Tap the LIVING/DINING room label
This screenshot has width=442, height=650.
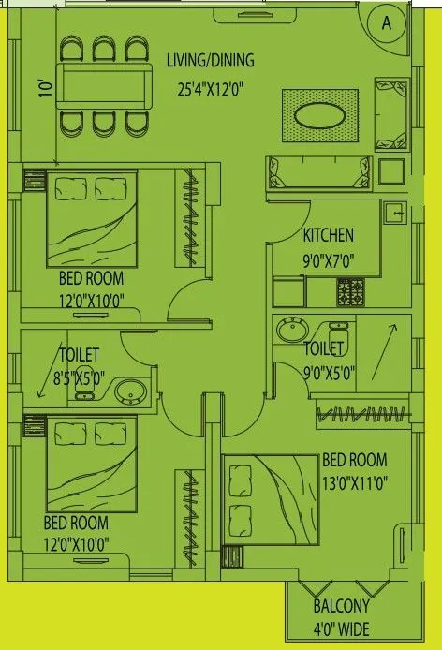[211, 61]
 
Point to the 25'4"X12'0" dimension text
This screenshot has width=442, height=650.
[211, 91]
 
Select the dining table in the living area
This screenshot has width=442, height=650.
[104, 86]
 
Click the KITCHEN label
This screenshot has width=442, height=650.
[328, 235]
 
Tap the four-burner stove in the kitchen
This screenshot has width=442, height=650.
[349, 292]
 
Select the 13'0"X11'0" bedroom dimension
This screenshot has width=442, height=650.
[354, 482]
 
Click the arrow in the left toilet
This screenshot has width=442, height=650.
[42, 382]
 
